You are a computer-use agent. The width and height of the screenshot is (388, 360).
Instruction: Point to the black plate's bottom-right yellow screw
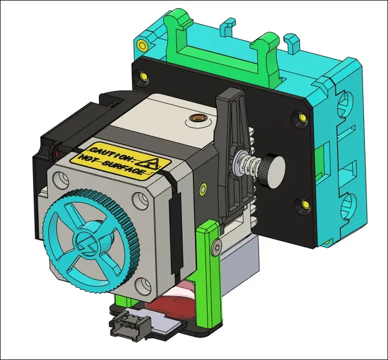[301, 203]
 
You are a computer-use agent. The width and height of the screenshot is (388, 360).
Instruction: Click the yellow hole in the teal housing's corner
[141, 43]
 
